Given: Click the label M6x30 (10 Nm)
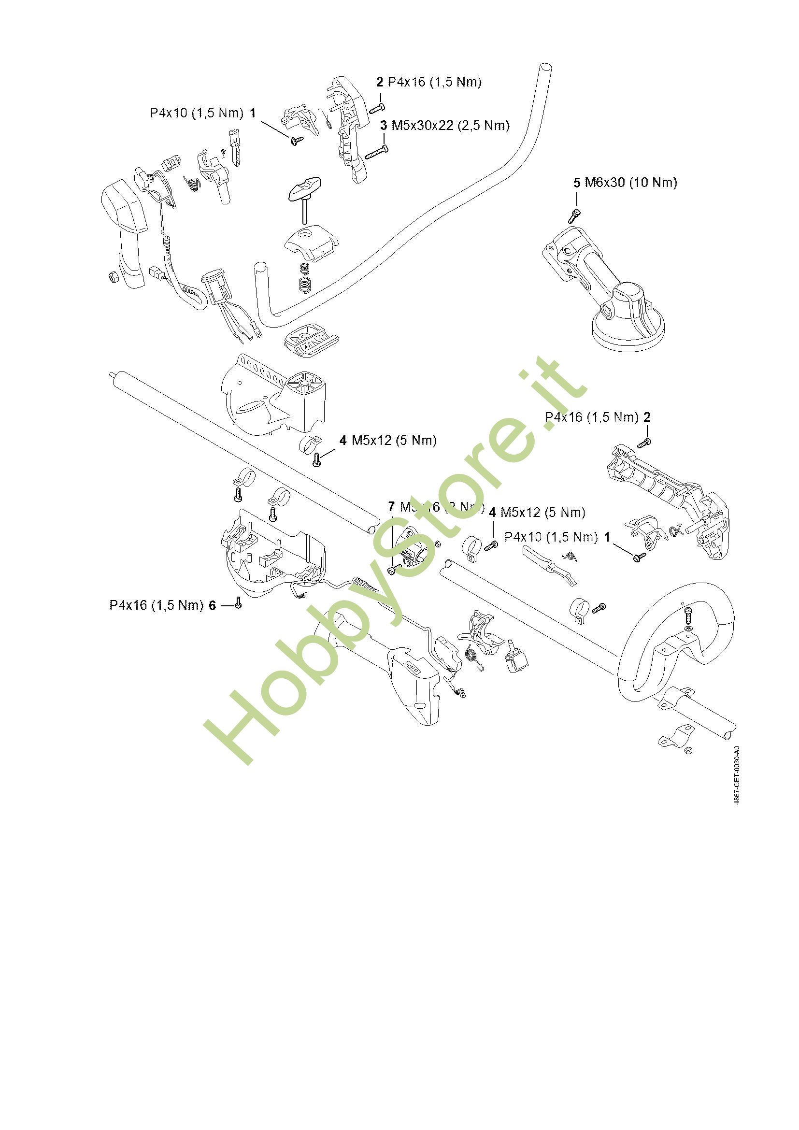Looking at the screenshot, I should coord(631,183).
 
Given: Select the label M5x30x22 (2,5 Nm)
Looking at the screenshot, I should coord(450,126).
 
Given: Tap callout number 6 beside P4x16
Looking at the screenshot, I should coord(212,605).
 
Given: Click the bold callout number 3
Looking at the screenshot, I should coord(384,126).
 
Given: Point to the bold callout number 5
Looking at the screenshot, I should coord(577,183).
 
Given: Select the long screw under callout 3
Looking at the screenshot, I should coord(376,153).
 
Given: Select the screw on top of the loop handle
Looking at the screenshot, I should coord(688,615).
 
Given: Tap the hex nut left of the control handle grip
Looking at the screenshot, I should coord(112,277).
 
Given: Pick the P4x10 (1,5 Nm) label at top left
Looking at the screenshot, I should coord(196,113).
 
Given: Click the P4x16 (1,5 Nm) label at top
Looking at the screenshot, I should coord(434,82).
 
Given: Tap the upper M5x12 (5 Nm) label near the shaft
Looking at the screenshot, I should coord(394,440).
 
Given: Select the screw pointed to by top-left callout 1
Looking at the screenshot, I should coord(297,141).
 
